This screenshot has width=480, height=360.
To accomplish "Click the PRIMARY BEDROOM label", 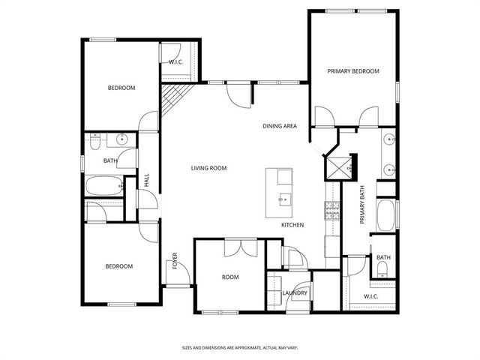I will (x=352, y=71).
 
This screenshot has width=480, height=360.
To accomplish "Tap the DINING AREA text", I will (x=279, y=126).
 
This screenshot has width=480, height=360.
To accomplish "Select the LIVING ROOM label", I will (x=208, y=168).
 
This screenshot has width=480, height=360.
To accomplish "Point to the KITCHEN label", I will (x=292, y=225).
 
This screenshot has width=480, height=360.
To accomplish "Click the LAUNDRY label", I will (x=295, y=292).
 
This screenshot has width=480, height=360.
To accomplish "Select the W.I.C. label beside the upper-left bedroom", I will (x=177, y=62).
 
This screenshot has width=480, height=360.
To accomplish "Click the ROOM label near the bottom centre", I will (x=230, y=277).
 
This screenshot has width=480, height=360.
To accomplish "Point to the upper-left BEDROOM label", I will (x=121, y=88).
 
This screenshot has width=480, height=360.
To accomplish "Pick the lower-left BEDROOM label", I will (x=118, y=266).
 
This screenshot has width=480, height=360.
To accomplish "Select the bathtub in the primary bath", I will (x=385, y=214).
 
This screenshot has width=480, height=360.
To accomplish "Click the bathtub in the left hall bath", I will (x=104, y=187).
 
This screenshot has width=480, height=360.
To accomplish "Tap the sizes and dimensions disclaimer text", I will (x=240, y=348).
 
